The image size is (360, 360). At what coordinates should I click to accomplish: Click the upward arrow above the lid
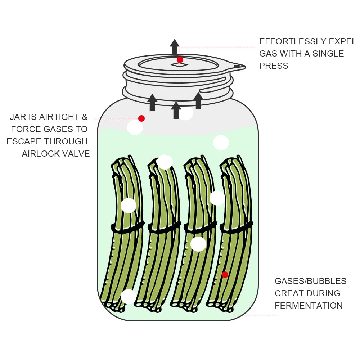[x=175, y=47]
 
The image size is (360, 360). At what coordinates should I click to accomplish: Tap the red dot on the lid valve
[x=180, y=60]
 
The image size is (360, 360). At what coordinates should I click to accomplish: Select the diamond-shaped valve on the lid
[x=179, y=65]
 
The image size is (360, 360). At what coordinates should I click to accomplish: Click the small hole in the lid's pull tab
[x=237, y=66]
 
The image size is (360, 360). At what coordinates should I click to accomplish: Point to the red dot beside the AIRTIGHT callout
[x=141, y=118]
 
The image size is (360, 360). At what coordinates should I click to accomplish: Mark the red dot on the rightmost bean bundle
[x=225, y=275]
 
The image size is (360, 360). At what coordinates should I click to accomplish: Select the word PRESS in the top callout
[x=274, y=66]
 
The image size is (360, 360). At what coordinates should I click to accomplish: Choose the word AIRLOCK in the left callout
[x=39, y=154]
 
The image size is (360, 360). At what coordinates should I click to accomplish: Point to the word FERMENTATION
[x=309, y=306]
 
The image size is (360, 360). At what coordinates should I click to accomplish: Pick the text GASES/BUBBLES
[x=310, y=281]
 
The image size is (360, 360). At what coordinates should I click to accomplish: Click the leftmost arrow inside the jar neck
[x=152, y=102]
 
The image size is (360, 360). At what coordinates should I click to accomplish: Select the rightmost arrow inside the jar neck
[x=198, y=100]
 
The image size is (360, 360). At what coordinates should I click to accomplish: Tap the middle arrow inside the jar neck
[x=176, y=110]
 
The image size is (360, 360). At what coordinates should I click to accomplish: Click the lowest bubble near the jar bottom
[x=128, y=297]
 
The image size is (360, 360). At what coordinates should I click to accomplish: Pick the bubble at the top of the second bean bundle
[x=165, y=162]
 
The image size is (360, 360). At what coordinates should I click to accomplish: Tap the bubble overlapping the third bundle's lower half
[x=198, y=244]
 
